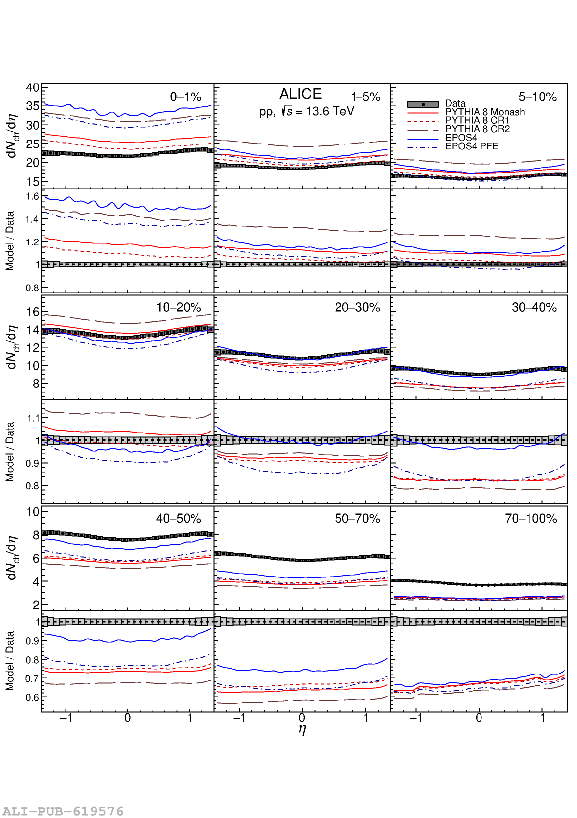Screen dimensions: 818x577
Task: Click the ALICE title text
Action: pos(300,94)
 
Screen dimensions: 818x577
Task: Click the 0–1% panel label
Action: pos(186,97)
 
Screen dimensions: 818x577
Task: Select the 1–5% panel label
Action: pos(366,97)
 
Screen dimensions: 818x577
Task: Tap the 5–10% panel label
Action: pos(537,97)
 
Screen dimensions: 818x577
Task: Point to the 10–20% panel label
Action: pos(179,307)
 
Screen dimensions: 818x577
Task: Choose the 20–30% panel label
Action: pos(357,307)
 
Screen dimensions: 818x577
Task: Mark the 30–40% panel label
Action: pos(534,307)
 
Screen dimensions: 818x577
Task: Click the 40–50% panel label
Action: pos(179,518)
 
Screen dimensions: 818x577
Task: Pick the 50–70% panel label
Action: pos(357,518)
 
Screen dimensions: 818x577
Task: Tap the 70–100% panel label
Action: pos(530,518)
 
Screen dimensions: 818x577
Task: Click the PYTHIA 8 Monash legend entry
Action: pos(484,112)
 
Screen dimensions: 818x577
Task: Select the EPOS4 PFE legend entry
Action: pos(472,146)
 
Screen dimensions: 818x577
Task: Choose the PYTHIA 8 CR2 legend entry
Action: pos(477,129)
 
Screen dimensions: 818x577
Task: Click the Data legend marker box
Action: pos(423,104)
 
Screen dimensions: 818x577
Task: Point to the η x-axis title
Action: pos(302,729)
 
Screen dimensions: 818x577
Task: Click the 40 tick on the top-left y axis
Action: pos(33,88)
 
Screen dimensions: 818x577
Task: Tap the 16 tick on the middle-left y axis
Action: pos(33,312)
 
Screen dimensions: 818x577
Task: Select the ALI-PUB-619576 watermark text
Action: pos(63,811)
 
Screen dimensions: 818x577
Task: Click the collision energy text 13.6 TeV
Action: pos(330,111)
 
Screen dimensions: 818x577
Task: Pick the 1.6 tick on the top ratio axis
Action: pos(32,196)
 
